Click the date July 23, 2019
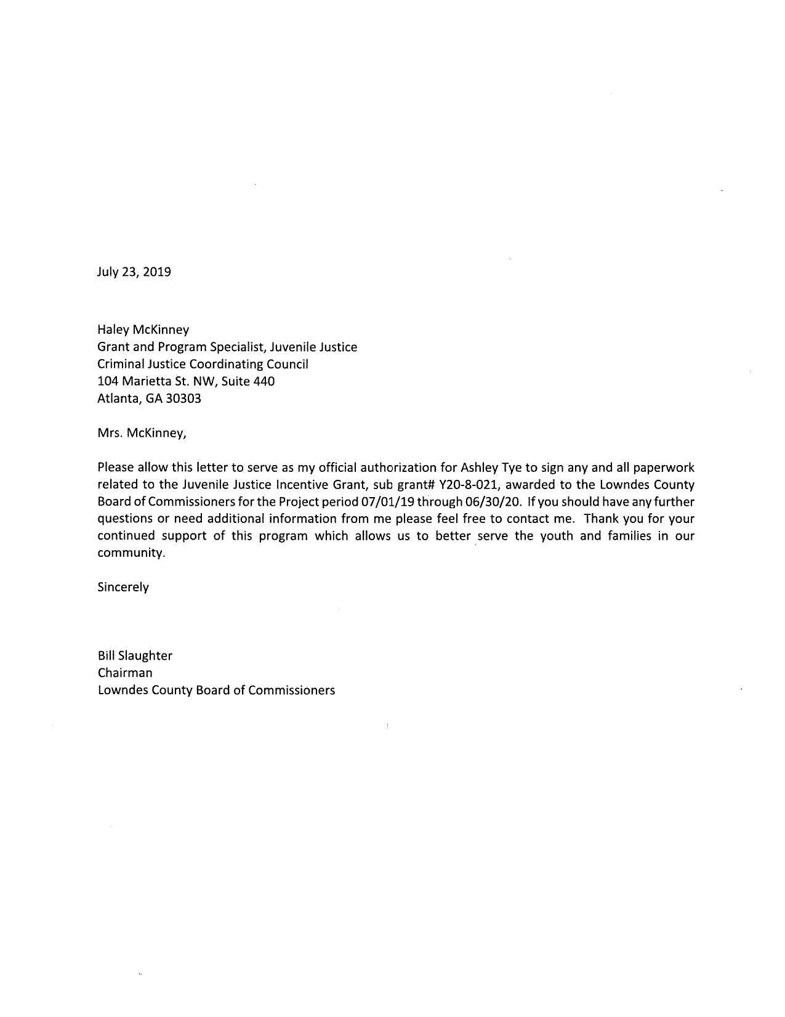pos(134,272)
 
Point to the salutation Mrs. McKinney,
pos(142,433)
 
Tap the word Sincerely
pos(123,587)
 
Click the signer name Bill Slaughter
pos(135,655)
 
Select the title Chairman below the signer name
pos(125,673)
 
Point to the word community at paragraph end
pos(131,553)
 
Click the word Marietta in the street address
pos(146,381)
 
